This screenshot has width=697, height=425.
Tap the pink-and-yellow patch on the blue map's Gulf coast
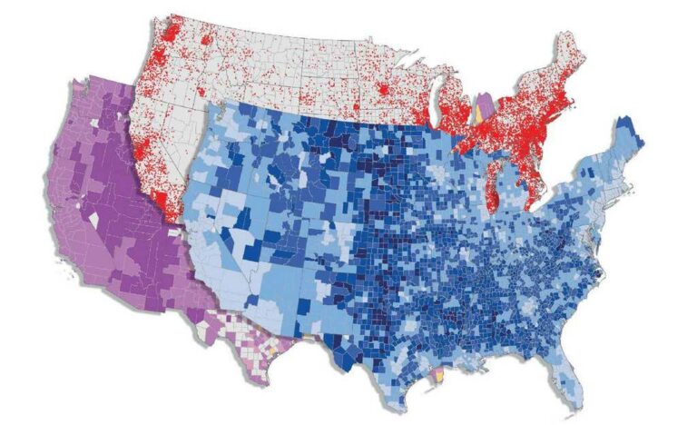(x=437, y=373)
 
